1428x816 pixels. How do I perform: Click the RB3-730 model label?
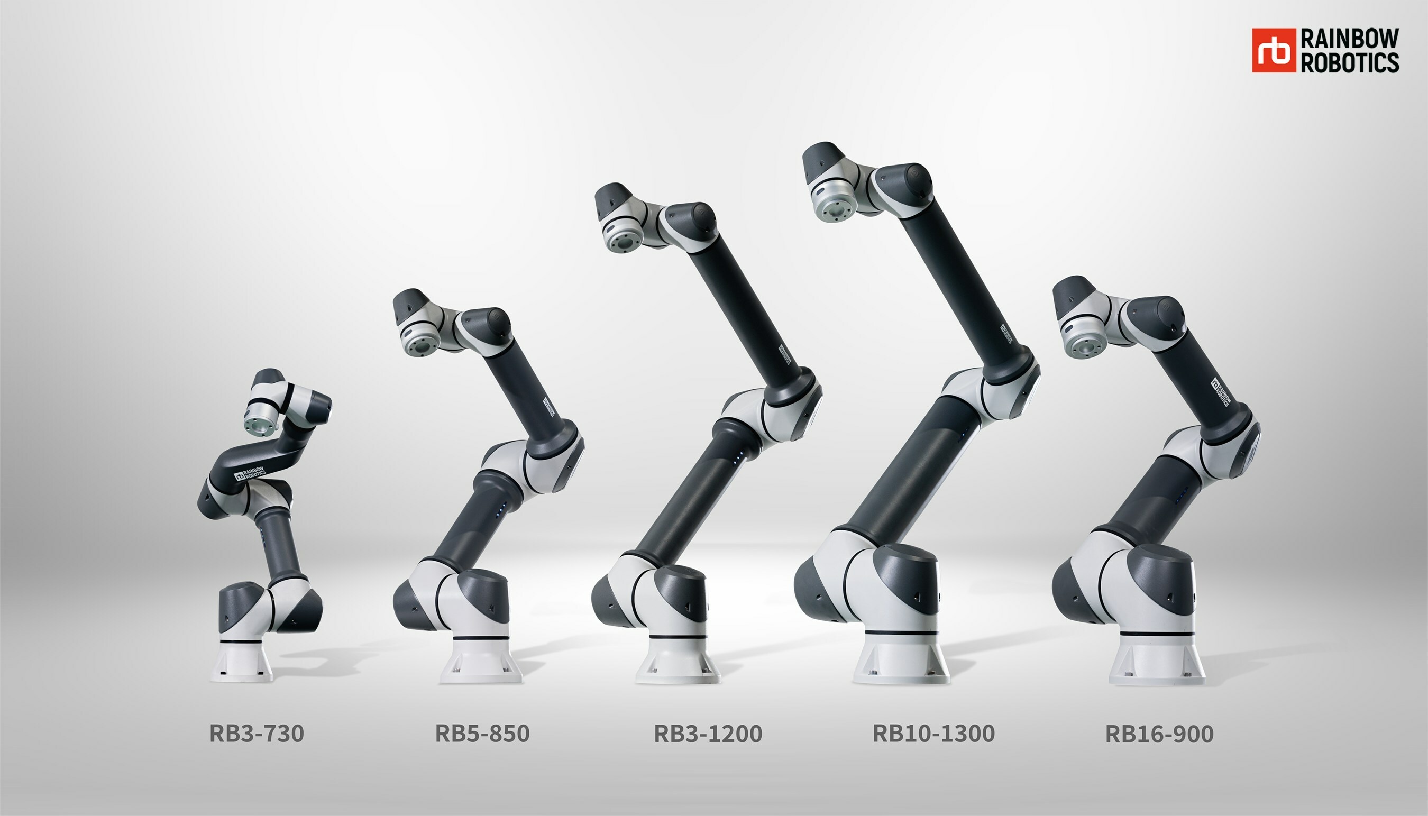[257, 733]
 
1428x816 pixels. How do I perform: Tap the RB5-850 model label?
[482, 733]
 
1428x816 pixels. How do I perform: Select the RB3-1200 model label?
[708, 733]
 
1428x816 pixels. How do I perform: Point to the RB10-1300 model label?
[933, 733]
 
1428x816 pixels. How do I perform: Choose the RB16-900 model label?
[1159, 734]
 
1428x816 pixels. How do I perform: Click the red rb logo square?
[1274, 50]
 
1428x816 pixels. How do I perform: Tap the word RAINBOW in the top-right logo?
[1350, 39]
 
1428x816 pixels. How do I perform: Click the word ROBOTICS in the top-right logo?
[1350, 62]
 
